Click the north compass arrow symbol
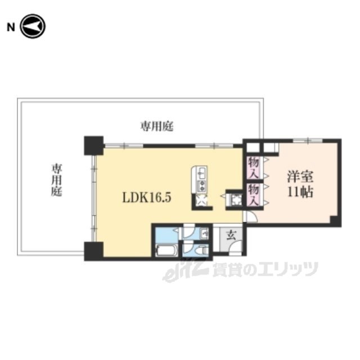33,26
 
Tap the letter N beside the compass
11,28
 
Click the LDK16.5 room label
147,197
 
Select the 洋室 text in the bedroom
300,177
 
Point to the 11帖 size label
300,192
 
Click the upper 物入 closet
254,168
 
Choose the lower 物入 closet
254,195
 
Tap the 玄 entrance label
231,236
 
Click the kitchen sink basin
202,173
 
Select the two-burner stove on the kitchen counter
202,186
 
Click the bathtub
166,250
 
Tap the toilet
202,250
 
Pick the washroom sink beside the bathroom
204,234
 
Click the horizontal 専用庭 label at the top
157,126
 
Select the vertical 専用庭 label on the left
56,180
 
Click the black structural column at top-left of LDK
94,146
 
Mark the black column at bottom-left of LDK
94,251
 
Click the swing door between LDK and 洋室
250,217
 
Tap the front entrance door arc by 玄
236,247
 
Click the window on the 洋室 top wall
308,140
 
